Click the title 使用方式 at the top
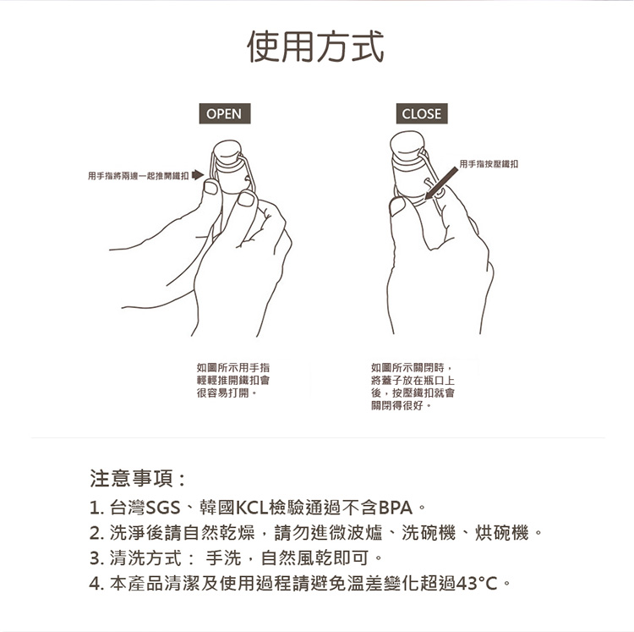click(315, 47)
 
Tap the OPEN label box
click(225, 113)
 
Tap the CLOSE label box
click(422, 113)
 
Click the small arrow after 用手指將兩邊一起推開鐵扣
click(198, 175)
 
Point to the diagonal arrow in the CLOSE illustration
click(441, 184)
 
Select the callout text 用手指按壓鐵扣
click(489, 164)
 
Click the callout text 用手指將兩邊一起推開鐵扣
click(139, 176)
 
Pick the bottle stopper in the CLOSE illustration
click(407, 146)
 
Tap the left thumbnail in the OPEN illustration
click(211, 188)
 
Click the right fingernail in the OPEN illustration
click(246, 199)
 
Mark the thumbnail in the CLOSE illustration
click(397, 206)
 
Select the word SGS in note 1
click(163, 508)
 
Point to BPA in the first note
click(396, 508)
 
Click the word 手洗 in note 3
click(224, 558)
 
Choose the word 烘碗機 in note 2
click(502, 533)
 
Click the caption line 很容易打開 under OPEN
click(223, 393)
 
